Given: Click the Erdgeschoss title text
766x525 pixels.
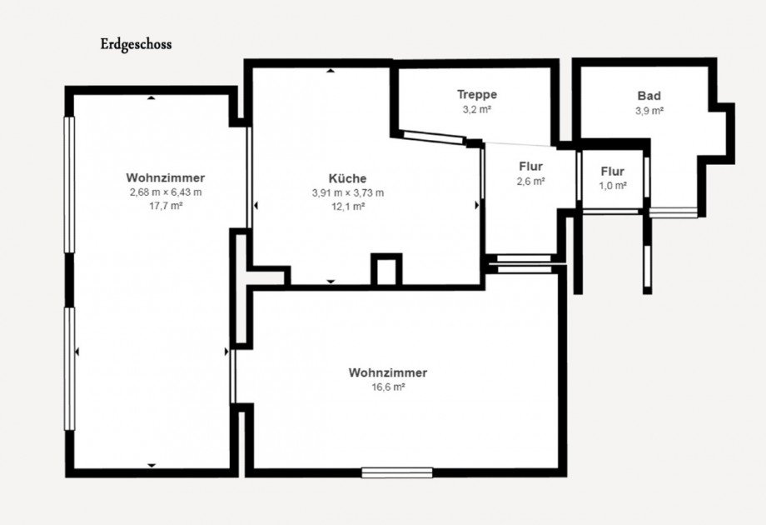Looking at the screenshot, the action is tap(136, 44).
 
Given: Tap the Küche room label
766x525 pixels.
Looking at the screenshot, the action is tap(347, 178).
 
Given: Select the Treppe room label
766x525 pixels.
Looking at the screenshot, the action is tap(477, 94).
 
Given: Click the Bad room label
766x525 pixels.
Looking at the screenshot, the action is tap(649, 96).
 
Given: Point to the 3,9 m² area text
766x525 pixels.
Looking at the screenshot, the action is tap(649, 111).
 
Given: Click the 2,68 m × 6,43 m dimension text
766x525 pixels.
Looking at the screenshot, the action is tap(166, 192).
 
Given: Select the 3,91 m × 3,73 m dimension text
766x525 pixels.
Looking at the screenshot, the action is tap(348, 193).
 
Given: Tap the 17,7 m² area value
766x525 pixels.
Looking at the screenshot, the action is tap(166, 206).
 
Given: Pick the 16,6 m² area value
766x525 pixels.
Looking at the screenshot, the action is tap(388, 387).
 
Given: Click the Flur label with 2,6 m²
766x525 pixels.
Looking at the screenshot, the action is tap(531, 167).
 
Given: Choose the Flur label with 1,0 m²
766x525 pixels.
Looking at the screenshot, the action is tap(613, 172).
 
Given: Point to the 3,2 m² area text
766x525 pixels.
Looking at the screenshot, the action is tap(477, 109).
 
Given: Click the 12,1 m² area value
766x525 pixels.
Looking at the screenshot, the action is tap(348, 207).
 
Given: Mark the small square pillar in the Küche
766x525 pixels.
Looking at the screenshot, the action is tap(386, 269).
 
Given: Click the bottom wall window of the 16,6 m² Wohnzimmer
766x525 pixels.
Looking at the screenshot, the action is tap(397, 472).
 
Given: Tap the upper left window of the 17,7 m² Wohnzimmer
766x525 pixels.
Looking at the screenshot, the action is tap(70, 185).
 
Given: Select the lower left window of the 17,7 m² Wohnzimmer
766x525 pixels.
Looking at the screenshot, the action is tap(70, 368).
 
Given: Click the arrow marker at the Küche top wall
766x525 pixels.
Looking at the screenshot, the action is tap(331, 71).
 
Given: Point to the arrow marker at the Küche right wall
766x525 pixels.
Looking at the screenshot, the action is tap(477, 206).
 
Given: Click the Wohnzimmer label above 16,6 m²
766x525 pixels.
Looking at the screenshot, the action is tap(388, 372).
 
